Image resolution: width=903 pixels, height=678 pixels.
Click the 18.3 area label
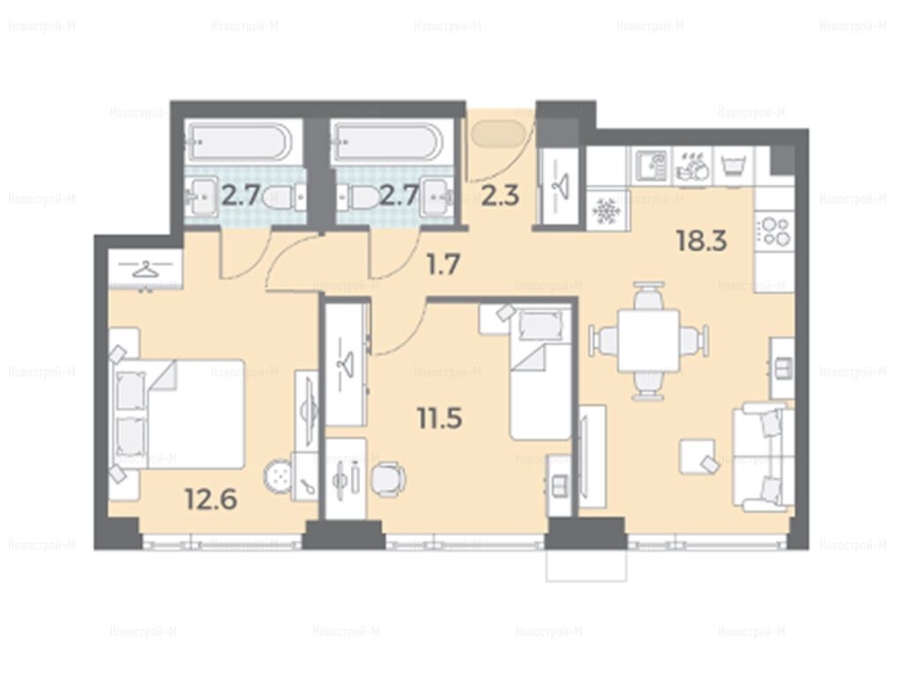(701, 240)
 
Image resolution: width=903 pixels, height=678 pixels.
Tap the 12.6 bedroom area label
(211, 500)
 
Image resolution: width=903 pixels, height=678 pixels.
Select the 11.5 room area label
(439, 418)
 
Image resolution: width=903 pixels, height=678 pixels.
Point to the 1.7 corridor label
(443, 265)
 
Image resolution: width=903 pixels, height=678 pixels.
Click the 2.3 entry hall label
(500, 196)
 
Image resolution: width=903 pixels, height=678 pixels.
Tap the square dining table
(648, 340)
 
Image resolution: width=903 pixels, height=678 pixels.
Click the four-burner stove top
(774, 230)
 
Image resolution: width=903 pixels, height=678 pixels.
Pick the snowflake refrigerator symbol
(607, 210)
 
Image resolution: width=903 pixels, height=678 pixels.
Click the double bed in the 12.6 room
(177, 414)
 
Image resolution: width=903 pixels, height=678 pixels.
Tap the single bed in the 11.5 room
(541, 373)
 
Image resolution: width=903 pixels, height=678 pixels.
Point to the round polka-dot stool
(279, 476)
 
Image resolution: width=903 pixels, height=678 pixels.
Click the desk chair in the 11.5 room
(388, 479)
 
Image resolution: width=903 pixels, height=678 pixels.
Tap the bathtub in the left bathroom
(238, 142)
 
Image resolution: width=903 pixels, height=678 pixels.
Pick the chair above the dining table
(648, 295)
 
